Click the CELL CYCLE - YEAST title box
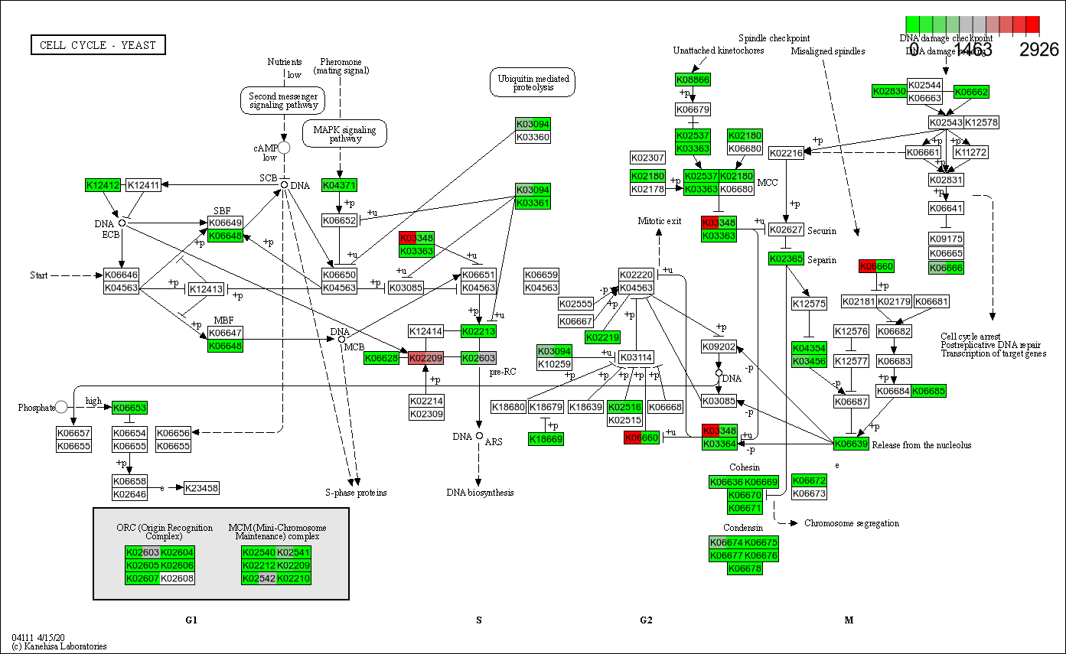[x=98, y=45]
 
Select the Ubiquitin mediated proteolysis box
[x=533, y=83]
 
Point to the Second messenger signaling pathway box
[x=283, y=100]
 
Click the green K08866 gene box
[x=693, y=80]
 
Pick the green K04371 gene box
[x=340, y=185]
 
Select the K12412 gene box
[x=103, y=185]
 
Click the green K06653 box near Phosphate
[x=129, y=408]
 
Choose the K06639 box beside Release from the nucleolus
[x=851, y=444]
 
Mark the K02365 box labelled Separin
[x=786, y=259]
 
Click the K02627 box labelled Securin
[x=786, y=230]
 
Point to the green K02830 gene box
[x=889, y=92]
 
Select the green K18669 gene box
[x=546, y=438]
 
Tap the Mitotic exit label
[x=660, y=221]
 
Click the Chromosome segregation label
[x=851, y=523]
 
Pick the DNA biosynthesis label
[x=480, y=493]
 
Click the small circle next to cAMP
[x=284, y=147]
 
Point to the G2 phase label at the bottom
[x=646, y=620]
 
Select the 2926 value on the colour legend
[x=1039, y=50]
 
